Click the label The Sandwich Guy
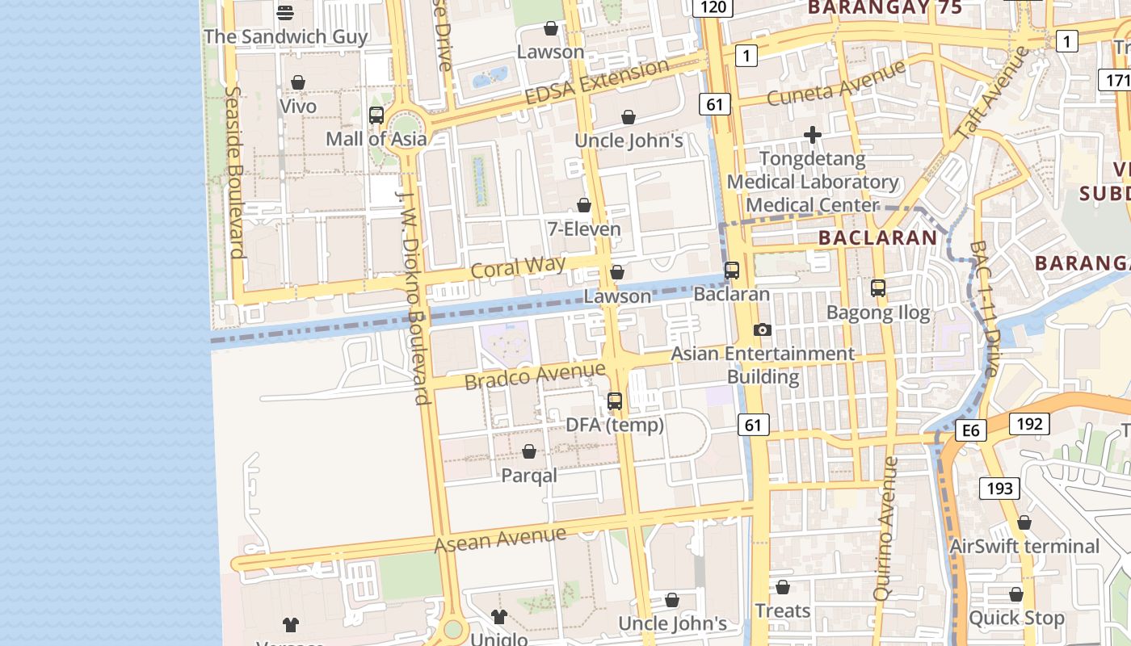285,36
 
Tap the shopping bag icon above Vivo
298,82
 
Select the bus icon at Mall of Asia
376,115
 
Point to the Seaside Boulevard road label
235,173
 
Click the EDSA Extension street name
597,82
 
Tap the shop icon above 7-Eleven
584,206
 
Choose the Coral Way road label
519,267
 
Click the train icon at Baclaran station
732,271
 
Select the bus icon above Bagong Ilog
878,287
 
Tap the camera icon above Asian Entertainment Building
762,329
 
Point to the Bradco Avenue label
535,375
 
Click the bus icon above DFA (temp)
615,401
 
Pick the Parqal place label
529,476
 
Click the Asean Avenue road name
500,539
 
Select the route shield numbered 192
1029,424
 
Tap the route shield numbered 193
999,488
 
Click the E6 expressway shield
970,430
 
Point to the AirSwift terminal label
1024,547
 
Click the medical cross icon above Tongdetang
813,135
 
